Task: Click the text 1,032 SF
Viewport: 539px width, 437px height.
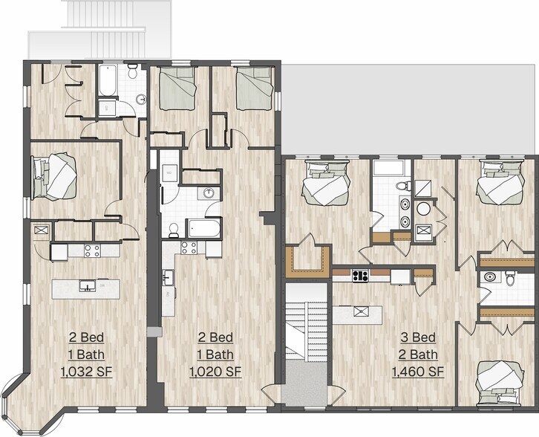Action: point(86,372)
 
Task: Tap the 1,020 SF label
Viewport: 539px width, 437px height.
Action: point(215,372)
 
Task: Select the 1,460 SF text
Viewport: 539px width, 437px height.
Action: point(418,372)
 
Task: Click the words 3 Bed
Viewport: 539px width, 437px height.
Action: point(418,337)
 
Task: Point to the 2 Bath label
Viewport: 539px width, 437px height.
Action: point(418,355)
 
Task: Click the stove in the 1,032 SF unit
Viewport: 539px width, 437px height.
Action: point(93,250)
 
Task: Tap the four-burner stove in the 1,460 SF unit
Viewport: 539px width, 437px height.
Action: point(360,276)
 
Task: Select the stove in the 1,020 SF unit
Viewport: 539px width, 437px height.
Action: point(189,247)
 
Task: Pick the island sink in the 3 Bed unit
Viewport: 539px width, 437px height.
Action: point(362,311)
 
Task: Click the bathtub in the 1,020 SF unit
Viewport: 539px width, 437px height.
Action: point(204,228)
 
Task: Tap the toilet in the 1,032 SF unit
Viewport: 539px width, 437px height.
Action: point(132,71)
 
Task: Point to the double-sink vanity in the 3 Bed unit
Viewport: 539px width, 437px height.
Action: point(405,212)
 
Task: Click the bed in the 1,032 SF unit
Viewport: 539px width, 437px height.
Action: point(53,177)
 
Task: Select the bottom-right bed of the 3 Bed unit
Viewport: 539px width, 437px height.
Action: point(500,383)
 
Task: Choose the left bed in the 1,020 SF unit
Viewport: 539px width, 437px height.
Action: point(177,88)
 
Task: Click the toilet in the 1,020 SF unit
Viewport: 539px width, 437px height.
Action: point(174,230)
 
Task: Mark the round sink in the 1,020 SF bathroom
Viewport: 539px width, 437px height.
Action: point(209,193)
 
